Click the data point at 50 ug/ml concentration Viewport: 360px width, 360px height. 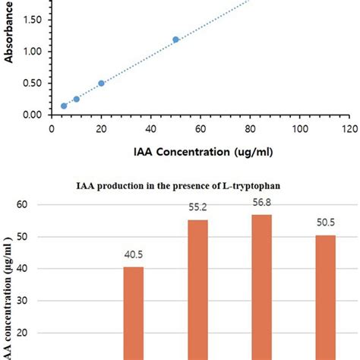[x=175, y=39]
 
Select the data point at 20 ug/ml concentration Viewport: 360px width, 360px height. [x=101, y=84]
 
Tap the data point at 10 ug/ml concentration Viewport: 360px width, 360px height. [x=76, y=99]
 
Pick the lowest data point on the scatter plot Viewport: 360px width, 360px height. [x=64, y=106]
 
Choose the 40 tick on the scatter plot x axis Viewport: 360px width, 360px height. [x=151, y=129]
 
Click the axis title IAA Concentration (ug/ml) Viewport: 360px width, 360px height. [x=201, y=151]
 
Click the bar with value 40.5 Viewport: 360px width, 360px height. [x=133, y=311]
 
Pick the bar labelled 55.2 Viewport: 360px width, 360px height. [x=198, y=289]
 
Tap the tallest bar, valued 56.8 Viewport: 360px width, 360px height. [x=261, y=286]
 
